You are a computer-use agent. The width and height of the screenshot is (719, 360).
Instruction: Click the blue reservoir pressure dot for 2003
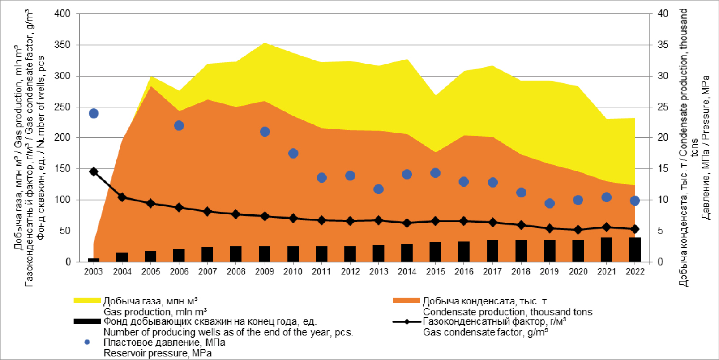(x=94, y=113)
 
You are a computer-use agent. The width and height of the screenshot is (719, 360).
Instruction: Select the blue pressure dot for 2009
(x=265, y=132)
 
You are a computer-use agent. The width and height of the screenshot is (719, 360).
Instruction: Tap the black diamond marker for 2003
(x=94, y=171)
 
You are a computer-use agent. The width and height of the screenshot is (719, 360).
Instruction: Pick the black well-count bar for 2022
(x=635, y=249)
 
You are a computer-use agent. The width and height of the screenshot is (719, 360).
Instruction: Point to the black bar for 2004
(x=122, y=257)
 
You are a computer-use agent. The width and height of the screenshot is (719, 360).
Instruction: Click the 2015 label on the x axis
(x=435, y=272)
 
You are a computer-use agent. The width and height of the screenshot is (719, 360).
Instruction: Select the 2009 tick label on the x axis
(x=265, y=272)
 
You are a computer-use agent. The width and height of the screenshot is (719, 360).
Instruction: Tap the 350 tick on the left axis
(x=62, y=45)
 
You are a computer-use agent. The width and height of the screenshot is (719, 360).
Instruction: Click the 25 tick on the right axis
(x=663, y=107)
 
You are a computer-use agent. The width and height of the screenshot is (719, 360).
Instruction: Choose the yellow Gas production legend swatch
(x=87, y=300)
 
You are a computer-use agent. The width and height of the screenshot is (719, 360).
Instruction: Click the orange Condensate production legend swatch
(x=406, y=300)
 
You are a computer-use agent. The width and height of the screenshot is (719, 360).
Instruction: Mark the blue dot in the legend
(x=87, y=342)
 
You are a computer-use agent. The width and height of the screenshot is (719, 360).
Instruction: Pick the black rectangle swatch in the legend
(x=87, y=321)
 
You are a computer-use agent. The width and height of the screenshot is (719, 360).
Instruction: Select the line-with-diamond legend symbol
(x=407, y=321)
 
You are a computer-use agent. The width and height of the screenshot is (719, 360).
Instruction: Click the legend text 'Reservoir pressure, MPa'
(x=158, y=353)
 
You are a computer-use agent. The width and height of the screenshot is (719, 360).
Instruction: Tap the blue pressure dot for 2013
(x=378, y=189)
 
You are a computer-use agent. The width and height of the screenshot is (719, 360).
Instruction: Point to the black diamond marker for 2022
(x=635, y=229)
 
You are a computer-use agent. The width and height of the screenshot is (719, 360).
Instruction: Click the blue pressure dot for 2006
(x=179, y=126)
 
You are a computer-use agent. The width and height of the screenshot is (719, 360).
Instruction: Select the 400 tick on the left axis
(x=62, y=14)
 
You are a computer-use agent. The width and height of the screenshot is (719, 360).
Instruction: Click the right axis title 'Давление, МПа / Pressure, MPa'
(x=706, y=148)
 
